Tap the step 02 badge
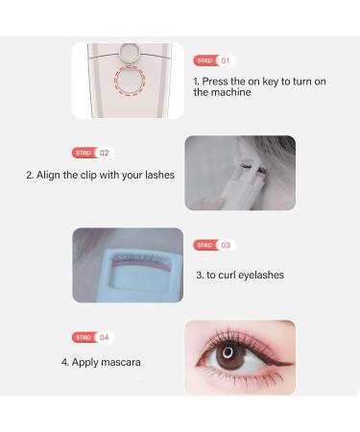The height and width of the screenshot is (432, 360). click(92, 153)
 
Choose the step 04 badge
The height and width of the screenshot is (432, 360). click(92, 337)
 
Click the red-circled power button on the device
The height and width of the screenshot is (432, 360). click(129, 81)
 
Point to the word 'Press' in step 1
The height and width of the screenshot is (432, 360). click(219, 82)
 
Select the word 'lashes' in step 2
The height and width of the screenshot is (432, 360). click(158, 176)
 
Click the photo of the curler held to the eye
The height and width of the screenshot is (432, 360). click(239, 172)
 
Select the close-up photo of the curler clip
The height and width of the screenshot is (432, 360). click(127, 265)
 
